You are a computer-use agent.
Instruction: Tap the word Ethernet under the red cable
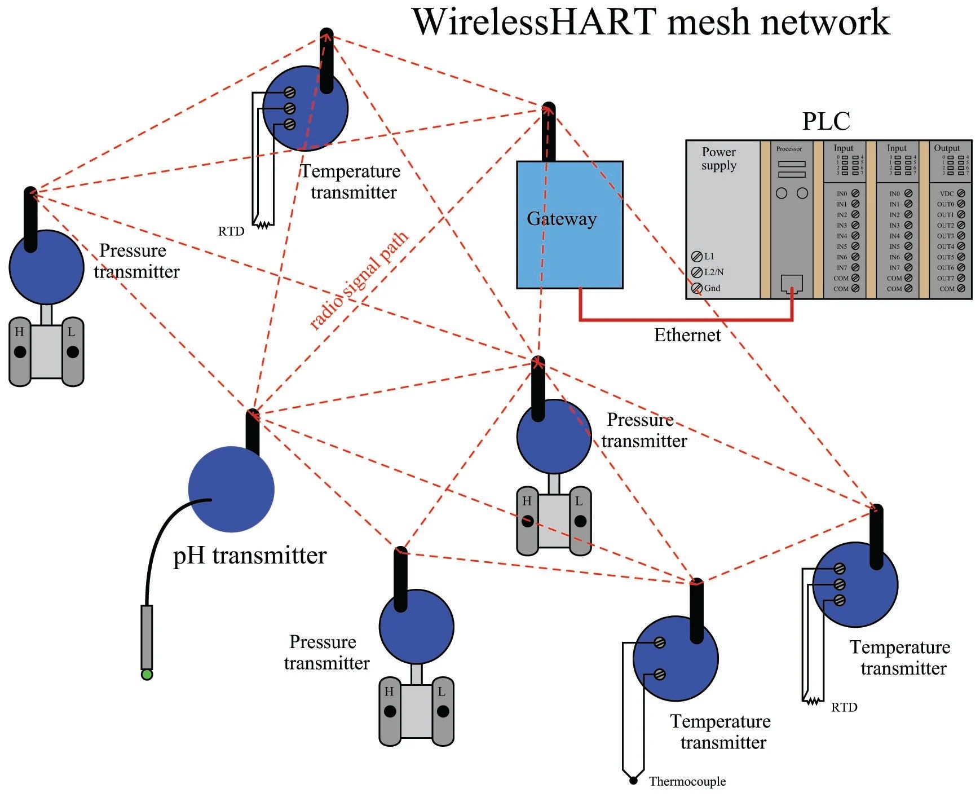pos(687,335)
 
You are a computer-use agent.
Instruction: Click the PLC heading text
pos(826,121)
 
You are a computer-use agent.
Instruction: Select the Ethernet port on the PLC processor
pos(792,283)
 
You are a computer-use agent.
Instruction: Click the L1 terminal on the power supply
pos(697,257)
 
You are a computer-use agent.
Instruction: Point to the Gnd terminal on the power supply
pos(697,288)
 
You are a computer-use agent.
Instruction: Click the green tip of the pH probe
pos(147,675)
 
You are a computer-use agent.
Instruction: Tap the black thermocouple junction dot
pos(633,781)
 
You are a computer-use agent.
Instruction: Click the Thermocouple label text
pos(687,781)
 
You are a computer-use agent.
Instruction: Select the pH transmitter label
pos(249,556)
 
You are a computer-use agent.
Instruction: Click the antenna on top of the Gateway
pos(548,133)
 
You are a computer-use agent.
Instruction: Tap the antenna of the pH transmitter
pos(253,431)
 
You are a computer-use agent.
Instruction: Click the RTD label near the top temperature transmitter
pos(231,231)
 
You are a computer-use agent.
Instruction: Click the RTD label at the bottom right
pos(844,707)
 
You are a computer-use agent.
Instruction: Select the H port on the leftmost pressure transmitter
pos(20,351)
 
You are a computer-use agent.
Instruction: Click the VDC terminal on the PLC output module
pos(961,193)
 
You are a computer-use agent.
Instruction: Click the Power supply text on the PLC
pos(718,158)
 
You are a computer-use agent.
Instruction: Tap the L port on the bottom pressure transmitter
pos(443,711)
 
